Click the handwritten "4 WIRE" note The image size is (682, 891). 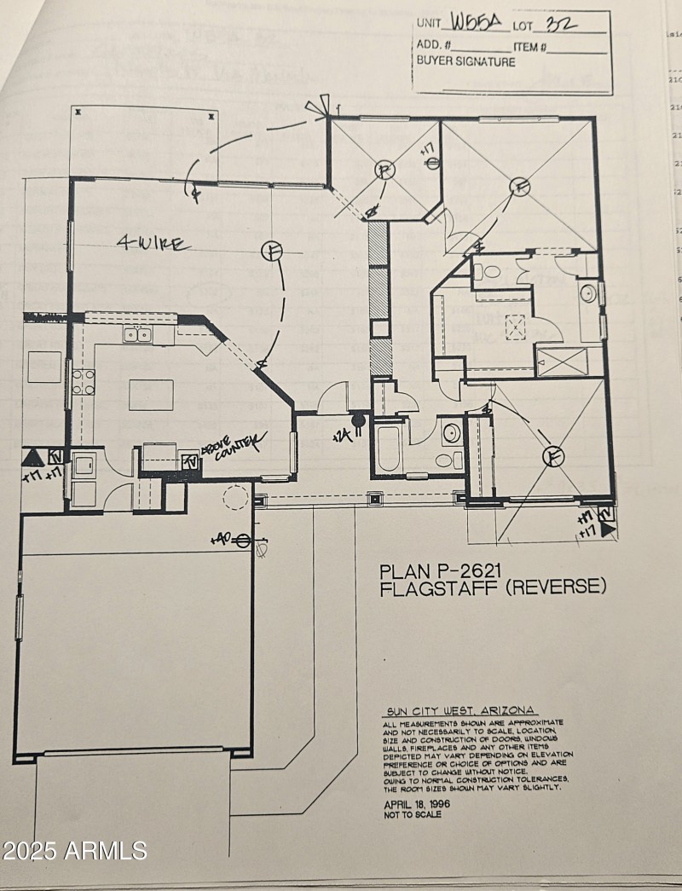(154, 245)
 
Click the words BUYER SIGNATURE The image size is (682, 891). (465, 61)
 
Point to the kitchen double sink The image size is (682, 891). (137, 334)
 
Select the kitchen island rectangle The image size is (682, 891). (151, 395)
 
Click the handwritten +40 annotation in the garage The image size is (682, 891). (222, 540)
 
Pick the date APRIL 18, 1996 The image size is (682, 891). (416, 803)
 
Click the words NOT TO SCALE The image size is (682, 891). (413, 814)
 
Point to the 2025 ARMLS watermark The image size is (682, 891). (75, 850)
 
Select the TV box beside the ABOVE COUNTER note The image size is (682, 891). (192, 460)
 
